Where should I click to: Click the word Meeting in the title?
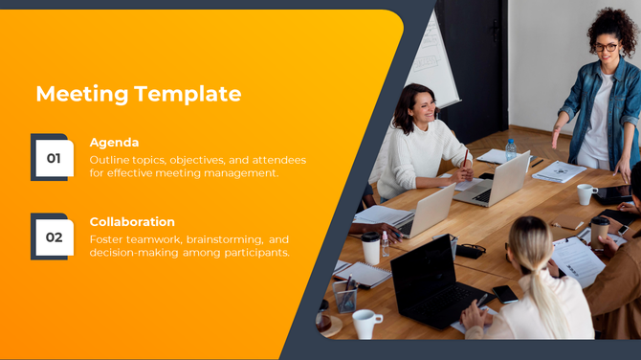(81, 94)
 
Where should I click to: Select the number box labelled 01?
(53, 157)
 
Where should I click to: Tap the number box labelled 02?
(53, 236)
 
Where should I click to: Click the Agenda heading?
(114, 143)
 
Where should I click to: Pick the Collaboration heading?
(132, 221)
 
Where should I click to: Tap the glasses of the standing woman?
(606, 47)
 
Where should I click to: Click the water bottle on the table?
(511, 150)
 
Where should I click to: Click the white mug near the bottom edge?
(365, 324)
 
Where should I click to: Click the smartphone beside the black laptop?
(504, 294)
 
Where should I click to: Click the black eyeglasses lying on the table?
(470, 251)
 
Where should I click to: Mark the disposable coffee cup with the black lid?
(370, 248)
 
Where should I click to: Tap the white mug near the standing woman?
(585, 194)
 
